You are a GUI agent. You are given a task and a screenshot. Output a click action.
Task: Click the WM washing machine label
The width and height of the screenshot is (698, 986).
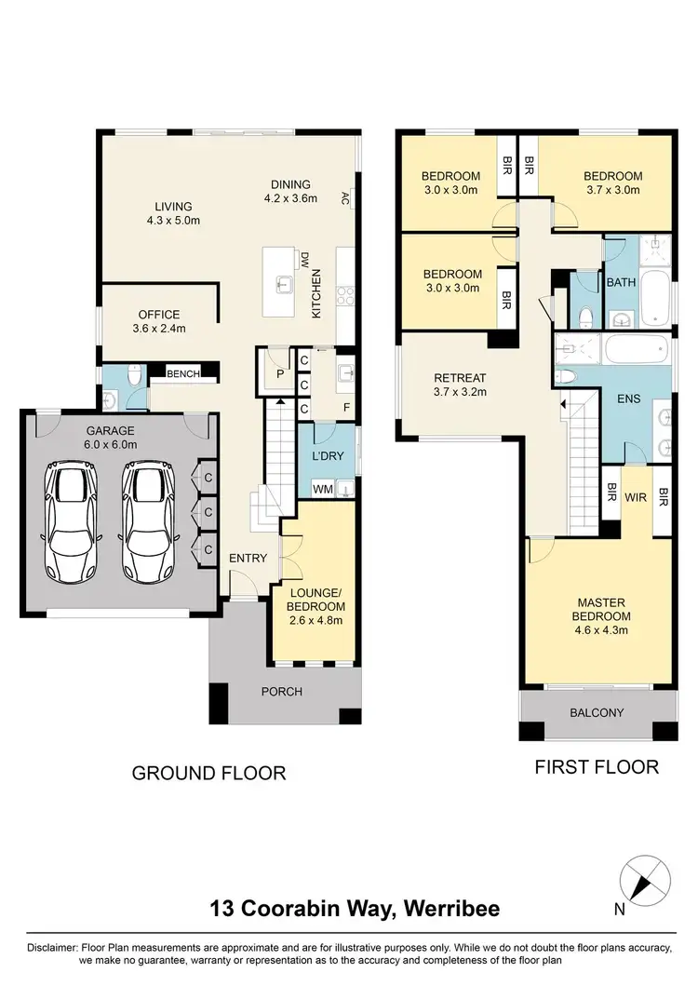322,488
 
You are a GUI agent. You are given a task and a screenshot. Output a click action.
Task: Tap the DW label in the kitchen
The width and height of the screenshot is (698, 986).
303,259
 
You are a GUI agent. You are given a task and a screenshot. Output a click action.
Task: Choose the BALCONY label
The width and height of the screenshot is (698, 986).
596,712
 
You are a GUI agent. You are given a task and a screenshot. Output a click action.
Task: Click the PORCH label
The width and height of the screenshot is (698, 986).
281,691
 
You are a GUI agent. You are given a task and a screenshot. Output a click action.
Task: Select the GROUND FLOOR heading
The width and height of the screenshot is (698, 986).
208,773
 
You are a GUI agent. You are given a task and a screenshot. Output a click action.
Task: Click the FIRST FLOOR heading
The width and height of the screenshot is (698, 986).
596,767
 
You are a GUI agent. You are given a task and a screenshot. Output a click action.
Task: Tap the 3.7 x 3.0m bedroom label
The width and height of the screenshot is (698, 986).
612,183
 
